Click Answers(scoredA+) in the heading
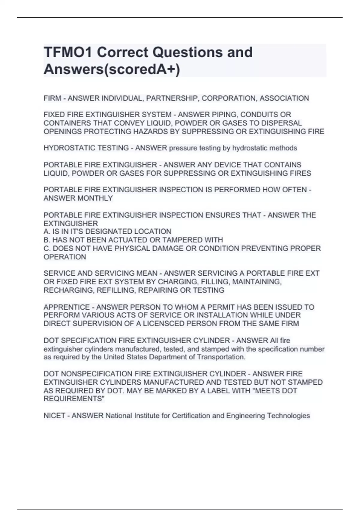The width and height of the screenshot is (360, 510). coord(112,70)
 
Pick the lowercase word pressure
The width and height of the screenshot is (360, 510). coord(183,148)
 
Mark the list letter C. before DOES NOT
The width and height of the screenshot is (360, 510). coord(47,248)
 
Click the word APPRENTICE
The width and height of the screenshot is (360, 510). coord(67,307)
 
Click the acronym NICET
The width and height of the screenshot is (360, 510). coord(54,416)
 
